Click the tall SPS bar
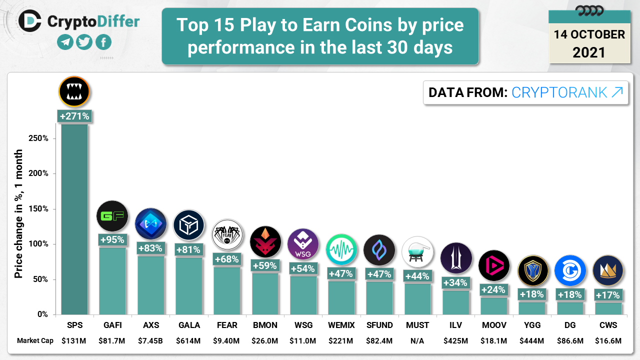tap(74, 220)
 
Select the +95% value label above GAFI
tap(112, 239)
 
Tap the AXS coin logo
tap(150, 224)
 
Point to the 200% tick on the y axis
tap(38, 173)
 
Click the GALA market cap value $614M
tap(188, 341)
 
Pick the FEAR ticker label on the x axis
tap(226, 325)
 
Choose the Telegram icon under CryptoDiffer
tap(65, 42)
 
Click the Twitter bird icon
tap(84, 42)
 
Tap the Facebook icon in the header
tap(103, 42)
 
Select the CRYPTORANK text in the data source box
tap(559, 92)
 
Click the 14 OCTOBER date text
tap(589, 34)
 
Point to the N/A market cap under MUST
tap(417, 341)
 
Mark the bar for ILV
tap(455, 302)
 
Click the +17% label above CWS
tap(608, 295)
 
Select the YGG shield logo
tap(532, 270)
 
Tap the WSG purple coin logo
tap(303, 244)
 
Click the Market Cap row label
tap(34, 341)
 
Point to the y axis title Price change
tap(19, 213)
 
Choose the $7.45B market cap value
tap(150, 341)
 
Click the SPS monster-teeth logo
tap(74, 91)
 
